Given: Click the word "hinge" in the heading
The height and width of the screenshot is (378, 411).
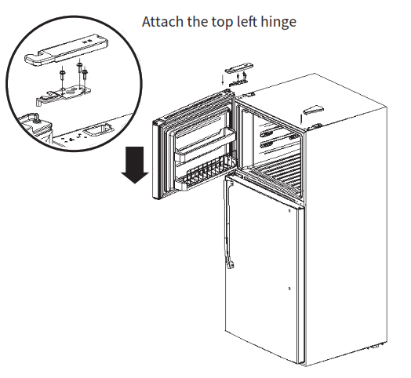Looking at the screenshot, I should [x=278, y=22].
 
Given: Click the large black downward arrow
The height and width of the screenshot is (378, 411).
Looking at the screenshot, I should [x=136, y=161].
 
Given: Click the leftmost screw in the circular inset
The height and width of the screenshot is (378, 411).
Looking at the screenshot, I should [x=61, y=76].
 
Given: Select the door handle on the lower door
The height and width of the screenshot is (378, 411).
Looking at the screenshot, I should [x=229, y=224].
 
